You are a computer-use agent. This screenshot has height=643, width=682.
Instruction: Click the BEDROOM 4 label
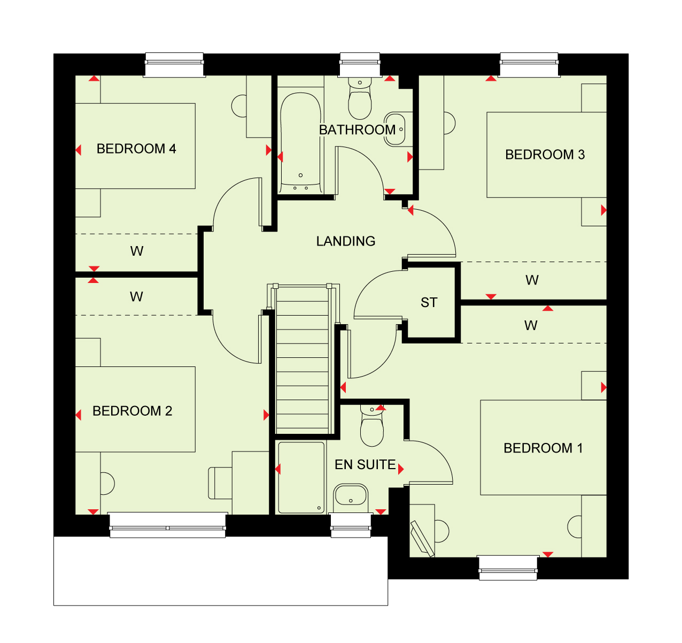[136, 149]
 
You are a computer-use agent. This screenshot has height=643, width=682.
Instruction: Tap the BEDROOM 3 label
[545, 155]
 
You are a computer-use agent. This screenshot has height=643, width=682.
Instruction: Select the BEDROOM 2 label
[132, 411]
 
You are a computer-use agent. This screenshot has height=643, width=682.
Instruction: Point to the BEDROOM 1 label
[543, 448]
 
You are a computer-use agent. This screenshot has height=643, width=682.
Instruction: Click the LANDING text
[346, 241]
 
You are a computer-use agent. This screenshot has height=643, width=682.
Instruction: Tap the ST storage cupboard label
[429, 303]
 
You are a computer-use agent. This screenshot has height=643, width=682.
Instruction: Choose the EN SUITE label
[366, 464]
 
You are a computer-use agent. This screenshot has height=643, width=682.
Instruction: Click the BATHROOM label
[357, 130]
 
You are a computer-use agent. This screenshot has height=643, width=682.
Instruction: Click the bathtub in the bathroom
[300, 142]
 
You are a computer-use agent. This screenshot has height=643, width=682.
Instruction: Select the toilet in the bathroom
[360, 98]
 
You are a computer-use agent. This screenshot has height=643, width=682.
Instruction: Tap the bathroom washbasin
[398, 129]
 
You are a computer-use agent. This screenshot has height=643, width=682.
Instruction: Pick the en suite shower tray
[301, 478]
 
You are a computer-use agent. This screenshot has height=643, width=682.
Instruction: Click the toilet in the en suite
[372, 426]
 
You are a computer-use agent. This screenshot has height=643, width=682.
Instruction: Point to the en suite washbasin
[351, 498]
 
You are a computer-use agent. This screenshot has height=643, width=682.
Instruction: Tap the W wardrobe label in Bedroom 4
[137, 251]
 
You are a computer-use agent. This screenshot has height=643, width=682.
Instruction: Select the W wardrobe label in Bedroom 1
[531, 326]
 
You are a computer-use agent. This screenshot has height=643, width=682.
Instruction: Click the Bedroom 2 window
[168, 525]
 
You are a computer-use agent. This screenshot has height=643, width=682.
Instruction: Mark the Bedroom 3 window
[529, 65]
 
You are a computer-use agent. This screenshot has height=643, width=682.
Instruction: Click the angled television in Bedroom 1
[422, 539]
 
